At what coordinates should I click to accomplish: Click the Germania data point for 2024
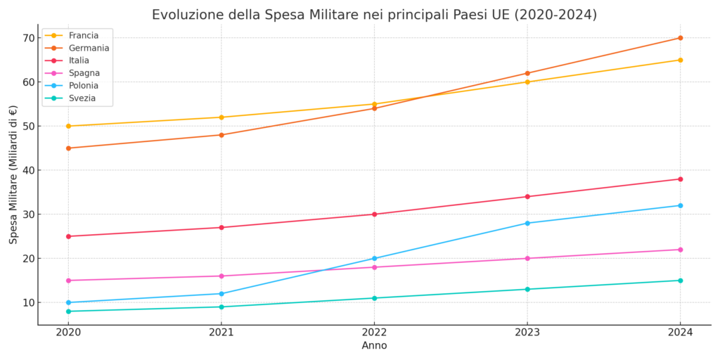680,38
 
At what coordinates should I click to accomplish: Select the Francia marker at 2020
68,127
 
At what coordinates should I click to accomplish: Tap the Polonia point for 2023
527,224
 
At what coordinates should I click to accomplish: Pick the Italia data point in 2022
374,214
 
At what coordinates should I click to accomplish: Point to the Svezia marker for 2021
221,307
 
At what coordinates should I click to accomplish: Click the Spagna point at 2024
680,250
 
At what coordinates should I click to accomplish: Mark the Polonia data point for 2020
68,302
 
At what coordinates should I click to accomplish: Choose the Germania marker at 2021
221,135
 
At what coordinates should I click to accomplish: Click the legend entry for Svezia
82,98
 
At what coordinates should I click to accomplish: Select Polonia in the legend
83,86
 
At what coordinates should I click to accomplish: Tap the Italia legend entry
79,60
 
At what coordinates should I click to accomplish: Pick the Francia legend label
83,35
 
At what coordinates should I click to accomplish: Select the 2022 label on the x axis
374,332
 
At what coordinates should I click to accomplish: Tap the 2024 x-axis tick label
680,332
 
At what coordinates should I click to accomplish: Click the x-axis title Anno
374,346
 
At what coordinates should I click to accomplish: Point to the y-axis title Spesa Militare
13,174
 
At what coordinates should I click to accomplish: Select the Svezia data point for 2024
680,281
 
